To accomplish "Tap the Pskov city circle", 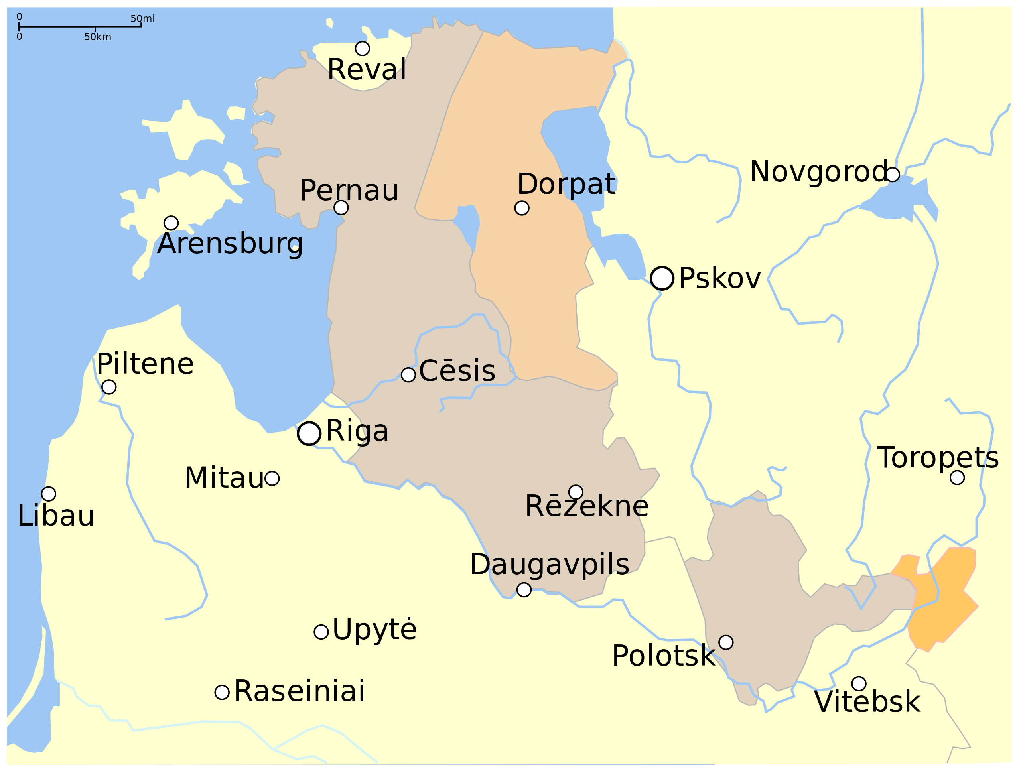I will click(x=662, y=278).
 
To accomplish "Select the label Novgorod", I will click(x=818, y=171).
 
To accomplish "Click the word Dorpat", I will click(x=566, y=184).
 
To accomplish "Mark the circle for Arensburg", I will click(x=171, y=223).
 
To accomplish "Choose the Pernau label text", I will click(x=349, y=190).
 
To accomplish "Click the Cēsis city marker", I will click(x=408, y=375).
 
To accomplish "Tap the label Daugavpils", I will click(x=549, y=564).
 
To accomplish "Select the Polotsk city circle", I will click(x=725, y=642).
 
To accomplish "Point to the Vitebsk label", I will click(x=867, y=702).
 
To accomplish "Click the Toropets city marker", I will click(x=957, y=478).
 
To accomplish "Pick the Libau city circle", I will click(x=49, y=494).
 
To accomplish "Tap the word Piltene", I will click(x=145, y=364).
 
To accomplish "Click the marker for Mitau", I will click(x=272, y=479).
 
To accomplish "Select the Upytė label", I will click(x=374, y=629).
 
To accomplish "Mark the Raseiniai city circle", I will click(x=222, y=692).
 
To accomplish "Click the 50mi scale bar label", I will click(x=143, y=18).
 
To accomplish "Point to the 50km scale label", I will click(x=97, y=37).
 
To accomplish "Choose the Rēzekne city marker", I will click(x=576, y=492).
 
